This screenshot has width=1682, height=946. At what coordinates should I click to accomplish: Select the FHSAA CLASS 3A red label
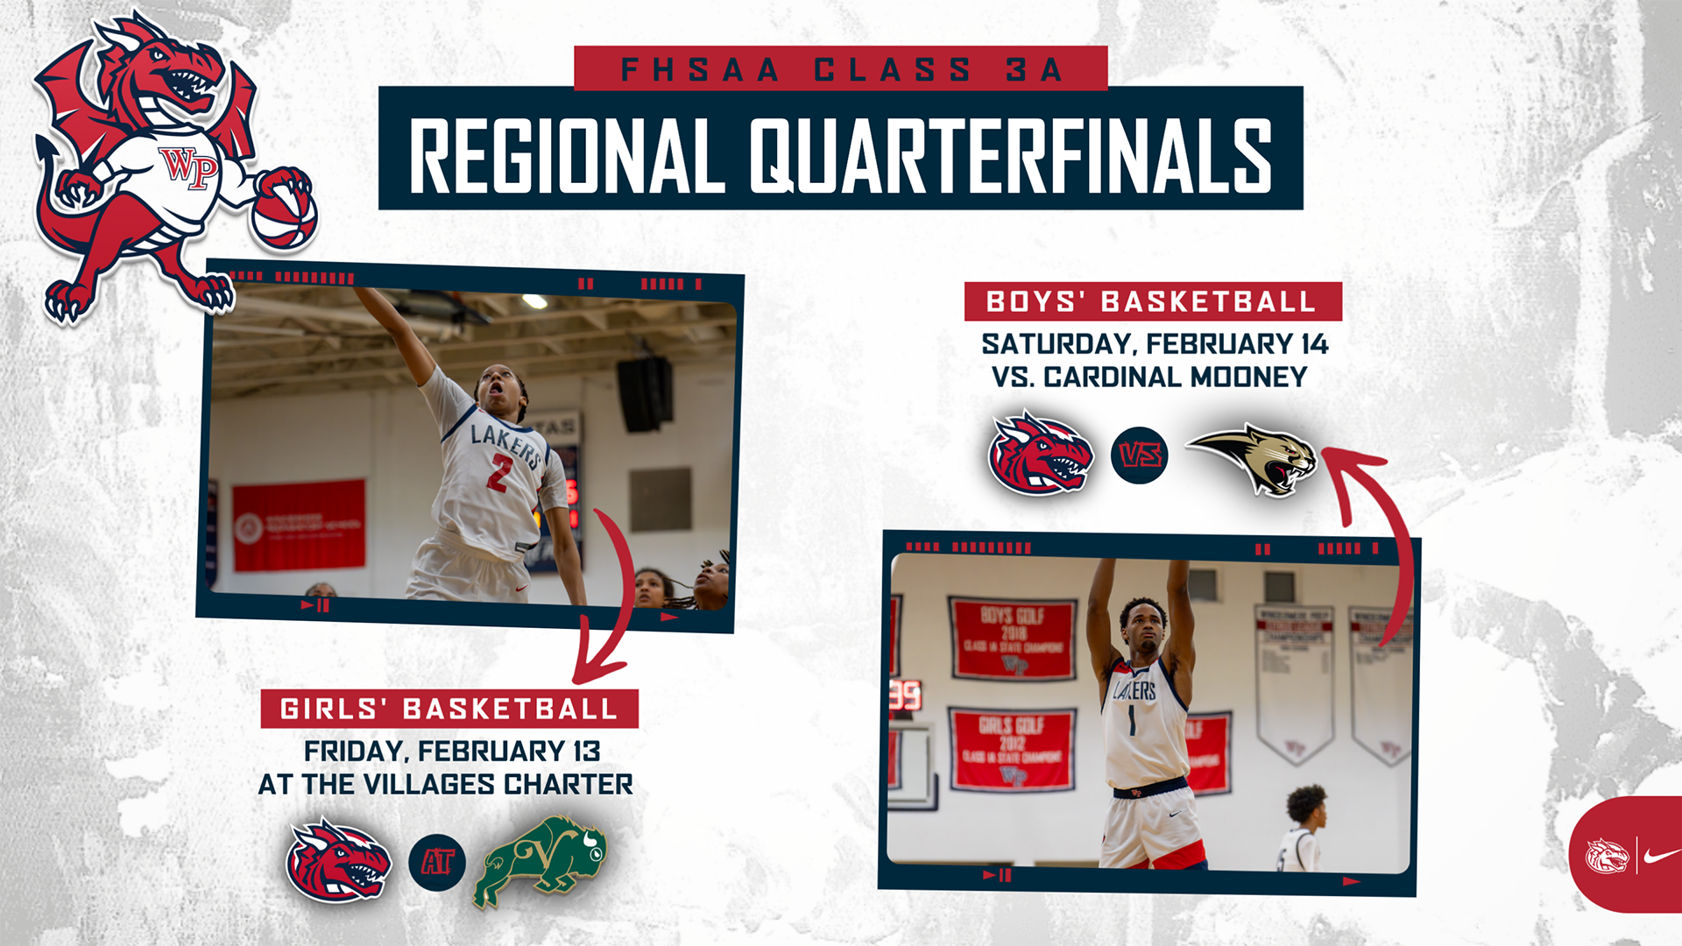841,69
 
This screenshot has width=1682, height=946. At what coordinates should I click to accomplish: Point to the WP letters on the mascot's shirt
189,166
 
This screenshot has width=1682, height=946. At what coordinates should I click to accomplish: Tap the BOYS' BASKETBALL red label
1152,302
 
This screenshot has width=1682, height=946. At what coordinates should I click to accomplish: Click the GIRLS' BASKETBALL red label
449,709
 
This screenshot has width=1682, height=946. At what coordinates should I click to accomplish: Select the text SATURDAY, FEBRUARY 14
1155,344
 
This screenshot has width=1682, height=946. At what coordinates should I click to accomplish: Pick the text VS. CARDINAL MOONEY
1149,378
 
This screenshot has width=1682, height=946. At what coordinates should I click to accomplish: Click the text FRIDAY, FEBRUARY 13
452,752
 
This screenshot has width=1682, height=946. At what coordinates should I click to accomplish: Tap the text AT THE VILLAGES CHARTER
445,785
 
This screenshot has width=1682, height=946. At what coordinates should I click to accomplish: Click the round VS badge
1139,455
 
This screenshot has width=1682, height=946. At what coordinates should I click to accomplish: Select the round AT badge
437,863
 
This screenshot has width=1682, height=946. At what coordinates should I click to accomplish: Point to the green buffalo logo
541,861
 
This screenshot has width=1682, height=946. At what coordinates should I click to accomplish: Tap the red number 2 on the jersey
499,473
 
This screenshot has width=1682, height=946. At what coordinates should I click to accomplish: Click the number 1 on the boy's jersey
1131,721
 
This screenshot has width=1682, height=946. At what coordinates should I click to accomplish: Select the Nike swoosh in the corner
1660,856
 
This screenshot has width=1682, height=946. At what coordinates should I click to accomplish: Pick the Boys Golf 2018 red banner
1013,639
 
